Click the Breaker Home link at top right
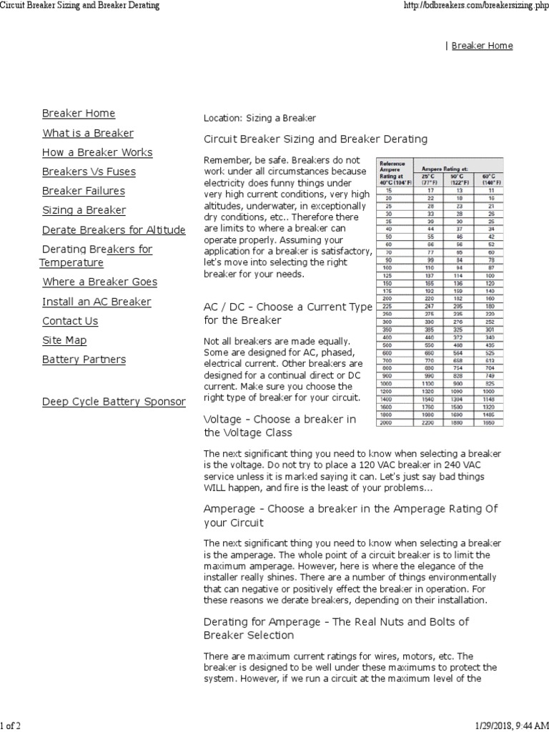point(482,46)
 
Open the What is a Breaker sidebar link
point(88,133)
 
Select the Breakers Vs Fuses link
point(89,172)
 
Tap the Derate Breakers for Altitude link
point(114,230)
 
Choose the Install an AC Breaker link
point(97,302)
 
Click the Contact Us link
point(70,321)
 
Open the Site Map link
point(64,340)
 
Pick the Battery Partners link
point(84,360)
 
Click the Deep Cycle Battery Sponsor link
point(114,402)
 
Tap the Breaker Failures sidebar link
point(83,191)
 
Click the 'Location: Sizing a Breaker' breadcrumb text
point(259,118)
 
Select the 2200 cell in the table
point(430,423)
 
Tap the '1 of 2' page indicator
point(11,726)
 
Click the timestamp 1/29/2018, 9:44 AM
point(509,726)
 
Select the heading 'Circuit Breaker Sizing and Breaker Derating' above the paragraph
point(315,139)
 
